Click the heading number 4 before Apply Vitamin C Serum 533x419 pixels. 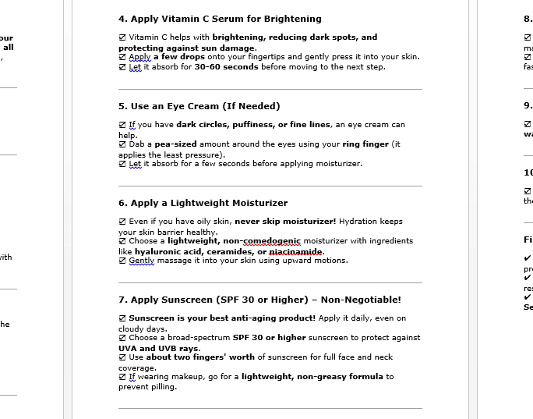(122, 19)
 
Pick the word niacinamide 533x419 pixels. (296, 251)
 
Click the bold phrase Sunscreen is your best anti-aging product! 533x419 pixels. (222, 318)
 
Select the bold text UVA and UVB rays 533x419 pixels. (159, 348)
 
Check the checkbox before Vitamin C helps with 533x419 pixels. (122, 37)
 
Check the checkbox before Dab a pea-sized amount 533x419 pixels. (122, 144)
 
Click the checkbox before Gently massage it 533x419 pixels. (122, 261)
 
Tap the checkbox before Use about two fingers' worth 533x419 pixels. (122, 357)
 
